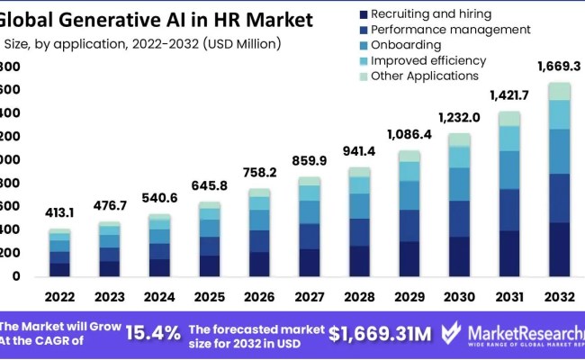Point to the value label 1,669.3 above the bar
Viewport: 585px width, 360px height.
pyautogui.click(x=559, y=66)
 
